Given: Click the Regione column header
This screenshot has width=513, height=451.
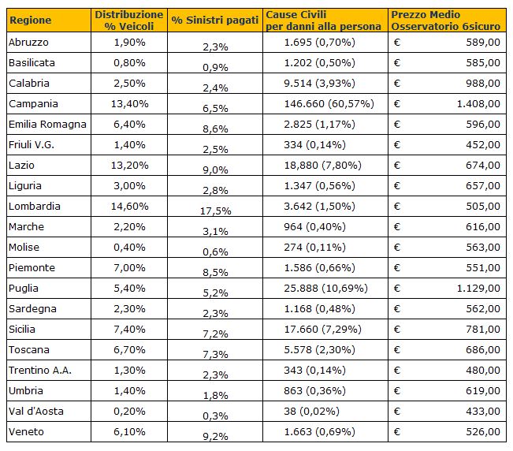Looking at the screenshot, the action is coord(31,20).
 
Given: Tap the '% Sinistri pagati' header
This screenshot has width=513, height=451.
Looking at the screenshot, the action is coord(215,20).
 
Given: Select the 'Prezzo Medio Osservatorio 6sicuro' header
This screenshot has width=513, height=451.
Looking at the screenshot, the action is coord(445,20).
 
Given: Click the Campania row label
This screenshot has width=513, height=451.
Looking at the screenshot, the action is coord(33,104).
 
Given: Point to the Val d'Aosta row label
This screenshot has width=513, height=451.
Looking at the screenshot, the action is coord(36,411).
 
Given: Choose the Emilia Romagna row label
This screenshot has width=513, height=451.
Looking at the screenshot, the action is coord(47,125).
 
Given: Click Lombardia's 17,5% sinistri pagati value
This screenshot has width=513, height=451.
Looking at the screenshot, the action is coord(216,211).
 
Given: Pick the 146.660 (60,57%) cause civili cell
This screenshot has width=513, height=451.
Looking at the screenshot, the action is coord(329,104).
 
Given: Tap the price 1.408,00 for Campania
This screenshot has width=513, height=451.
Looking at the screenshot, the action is coord(478,104).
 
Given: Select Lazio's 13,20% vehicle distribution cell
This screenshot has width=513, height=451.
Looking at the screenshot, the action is coord(129,166).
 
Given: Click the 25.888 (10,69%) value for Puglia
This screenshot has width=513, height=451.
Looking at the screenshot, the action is coord(326,289).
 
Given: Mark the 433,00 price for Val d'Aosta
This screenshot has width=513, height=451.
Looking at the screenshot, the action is coord(483,411).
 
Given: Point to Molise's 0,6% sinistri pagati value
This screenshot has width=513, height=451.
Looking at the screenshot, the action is coord(215,252).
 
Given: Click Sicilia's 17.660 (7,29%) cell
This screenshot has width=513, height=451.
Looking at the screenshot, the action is coord(322,330).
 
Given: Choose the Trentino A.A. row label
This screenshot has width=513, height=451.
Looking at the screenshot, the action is coord(40,370).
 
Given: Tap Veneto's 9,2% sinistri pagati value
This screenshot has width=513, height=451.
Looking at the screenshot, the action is coord(215,436).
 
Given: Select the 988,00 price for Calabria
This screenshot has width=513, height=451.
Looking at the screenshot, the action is coord(483,83).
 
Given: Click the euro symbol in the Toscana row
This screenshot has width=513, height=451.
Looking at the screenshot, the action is coord(397,350).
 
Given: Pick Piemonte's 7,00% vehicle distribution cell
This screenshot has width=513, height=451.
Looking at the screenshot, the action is coord(129,268).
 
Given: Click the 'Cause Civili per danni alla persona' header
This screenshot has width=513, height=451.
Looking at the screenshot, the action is coord(323,20).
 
